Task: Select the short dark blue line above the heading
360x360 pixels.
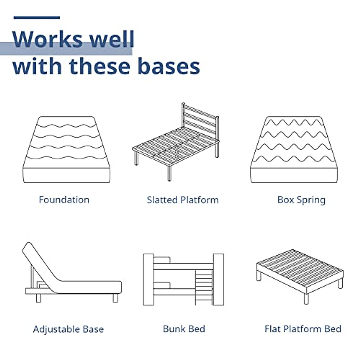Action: (37, 18)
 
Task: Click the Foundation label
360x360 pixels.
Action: (64, 200)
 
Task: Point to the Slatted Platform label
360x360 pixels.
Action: (183, 200)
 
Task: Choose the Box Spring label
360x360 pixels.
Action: (301, 200)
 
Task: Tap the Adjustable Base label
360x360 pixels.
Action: (68, 329)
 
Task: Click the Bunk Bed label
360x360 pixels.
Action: (184, 329)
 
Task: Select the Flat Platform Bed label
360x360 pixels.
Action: (303, 329)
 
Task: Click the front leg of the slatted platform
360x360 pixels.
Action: (169, 173)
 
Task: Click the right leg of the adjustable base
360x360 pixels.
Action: (115, 298)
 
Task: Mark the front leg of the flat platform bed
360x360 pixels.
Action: (306, 298)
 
